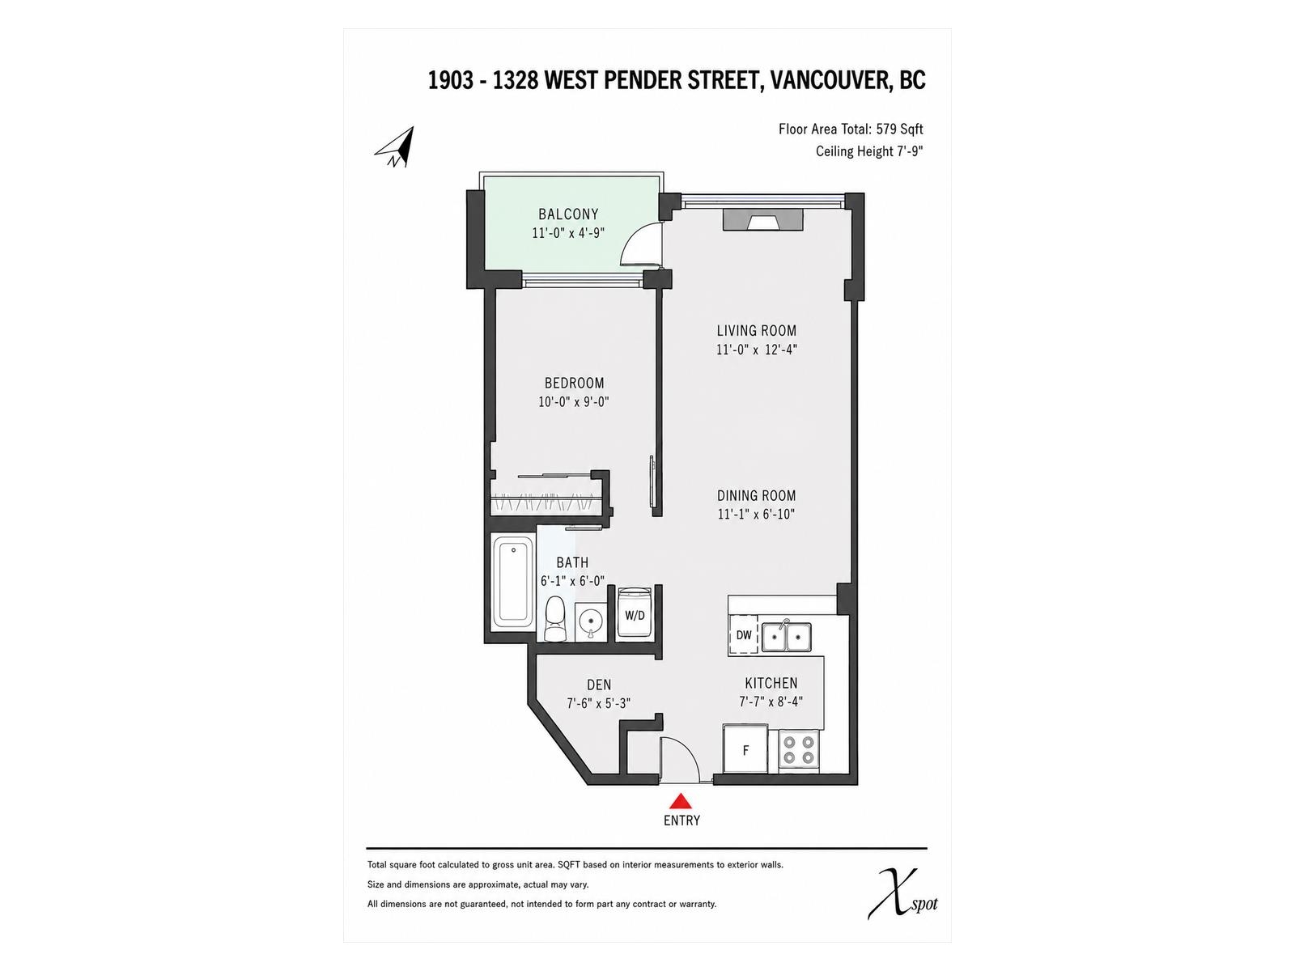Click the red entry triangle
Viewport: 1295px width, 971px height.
(x=681, y=800)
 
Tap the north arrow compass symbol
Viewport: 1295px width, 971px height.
(x=395, y=146)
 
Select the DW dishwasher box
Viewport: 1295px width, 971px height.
(x=743, y=634)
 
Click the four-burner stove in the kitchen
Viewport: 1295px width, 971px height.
(x=799, y=749)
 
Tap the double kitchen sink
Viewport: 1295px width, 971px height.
(x=786, y=636)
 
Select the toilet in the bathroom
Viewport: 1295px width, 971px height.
(x=554, y=618)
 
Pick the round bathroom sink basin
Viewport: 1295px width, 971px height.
(x=591, y=620)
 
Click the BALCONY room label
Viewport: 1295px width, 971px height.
(x=568, y=214)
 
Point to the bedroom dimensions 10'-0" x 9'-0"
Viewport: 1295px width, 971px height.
(x=574, y=402)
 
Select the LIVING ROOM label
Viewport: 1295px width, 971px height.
(x=756, y=331)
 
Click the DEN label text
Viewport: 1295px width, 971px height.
(x=599, y=685)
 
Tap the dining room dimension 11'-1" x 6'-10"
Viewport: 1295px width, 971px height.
(x=756, y=514)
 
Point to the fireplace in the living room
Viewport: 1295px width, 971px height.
(x=763, y=221)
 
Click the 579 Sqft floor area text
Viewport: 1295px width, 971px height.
(x=899, y=129)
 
